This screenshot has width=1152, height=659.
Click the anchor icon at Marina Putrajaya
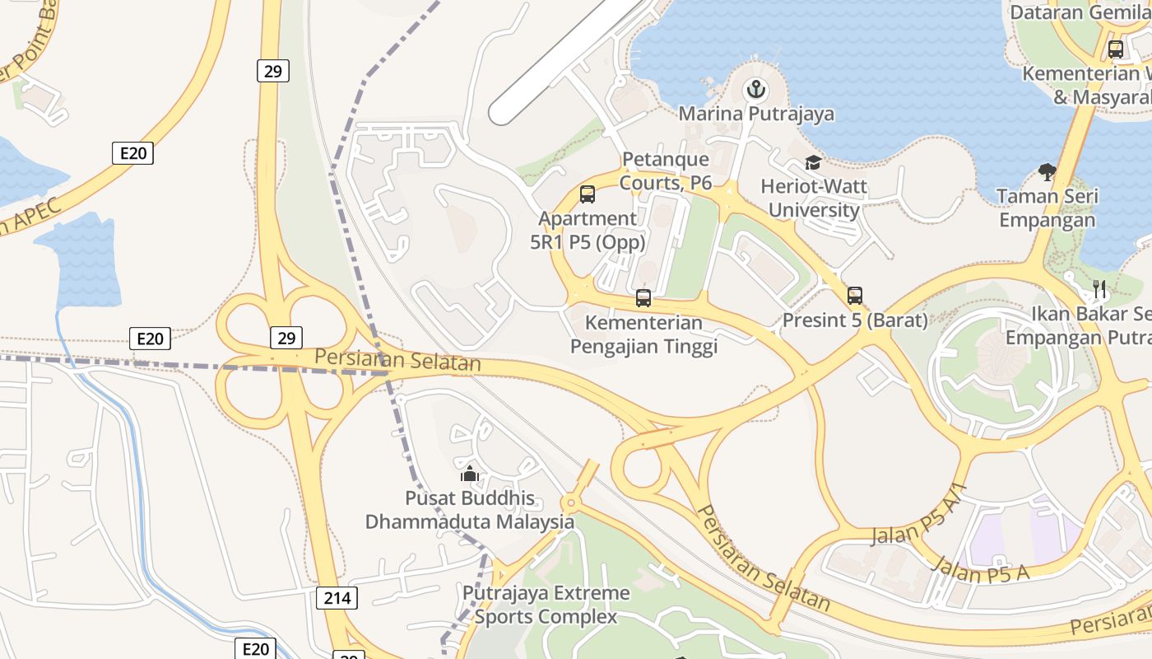pyautogui.click(x=755, y=89)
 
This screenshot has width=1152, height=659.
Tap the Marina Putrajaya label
pyautogui.click(x=755, y=114)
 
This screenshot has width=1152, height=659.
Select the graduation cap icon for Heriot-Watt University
pyautogui.click(x=813, y=162)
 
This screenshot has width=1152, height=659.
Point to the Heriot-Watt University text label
pyautogui.click(x=814, y=198)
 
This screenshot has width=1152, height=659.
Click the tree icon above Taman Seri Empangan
pyautogui.click(x=1047, y=172)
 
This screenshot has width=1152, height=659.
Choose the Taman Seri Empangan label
pyautogui.click(x=1047, y=208)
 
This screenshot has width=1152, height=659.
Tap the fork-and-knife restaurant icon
pyautogui.click(x=1099, y=289)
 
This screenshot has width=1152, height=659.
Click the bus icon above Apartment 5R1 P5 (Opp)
pyautogui.click(x=587, y=194)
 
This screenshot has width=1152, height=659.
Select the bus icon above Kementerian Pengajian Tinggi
pyautogui.click(x=643, y=298)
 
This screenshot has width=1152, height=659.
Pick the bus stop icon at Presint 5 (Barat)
pyautogui.click(x=855, y=296)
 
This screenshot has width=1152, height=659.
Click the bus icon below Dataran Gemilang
pyautogui.click(x=1116, y=49)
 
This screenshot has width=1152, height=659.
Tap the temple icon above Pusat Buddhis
pyautogui.click(x=470, y=474)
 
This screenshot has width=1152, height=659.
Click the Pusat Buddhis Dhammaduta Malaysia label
pyautogui.click(x=470, y=510)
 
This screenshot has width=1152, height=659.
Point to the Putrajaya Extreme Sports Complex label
pyautogui.click(x=546, y=605)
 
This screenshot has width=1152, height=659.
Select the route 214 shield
pyautogui.click(x=337, y=598)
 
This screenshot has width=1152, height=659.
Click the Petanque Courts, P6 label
pyautogui.click(x=666, y=171)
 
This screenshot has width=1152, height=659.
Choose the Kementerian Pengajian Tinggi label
pyautogui.click(x=644, y=334)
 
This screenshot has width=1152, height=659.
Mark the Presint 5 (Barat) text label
pyautogui.click(x=855, y=320)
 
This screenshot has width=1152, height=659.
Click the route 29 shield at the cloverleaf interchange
pyautogui.click(x=286, y=337)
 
